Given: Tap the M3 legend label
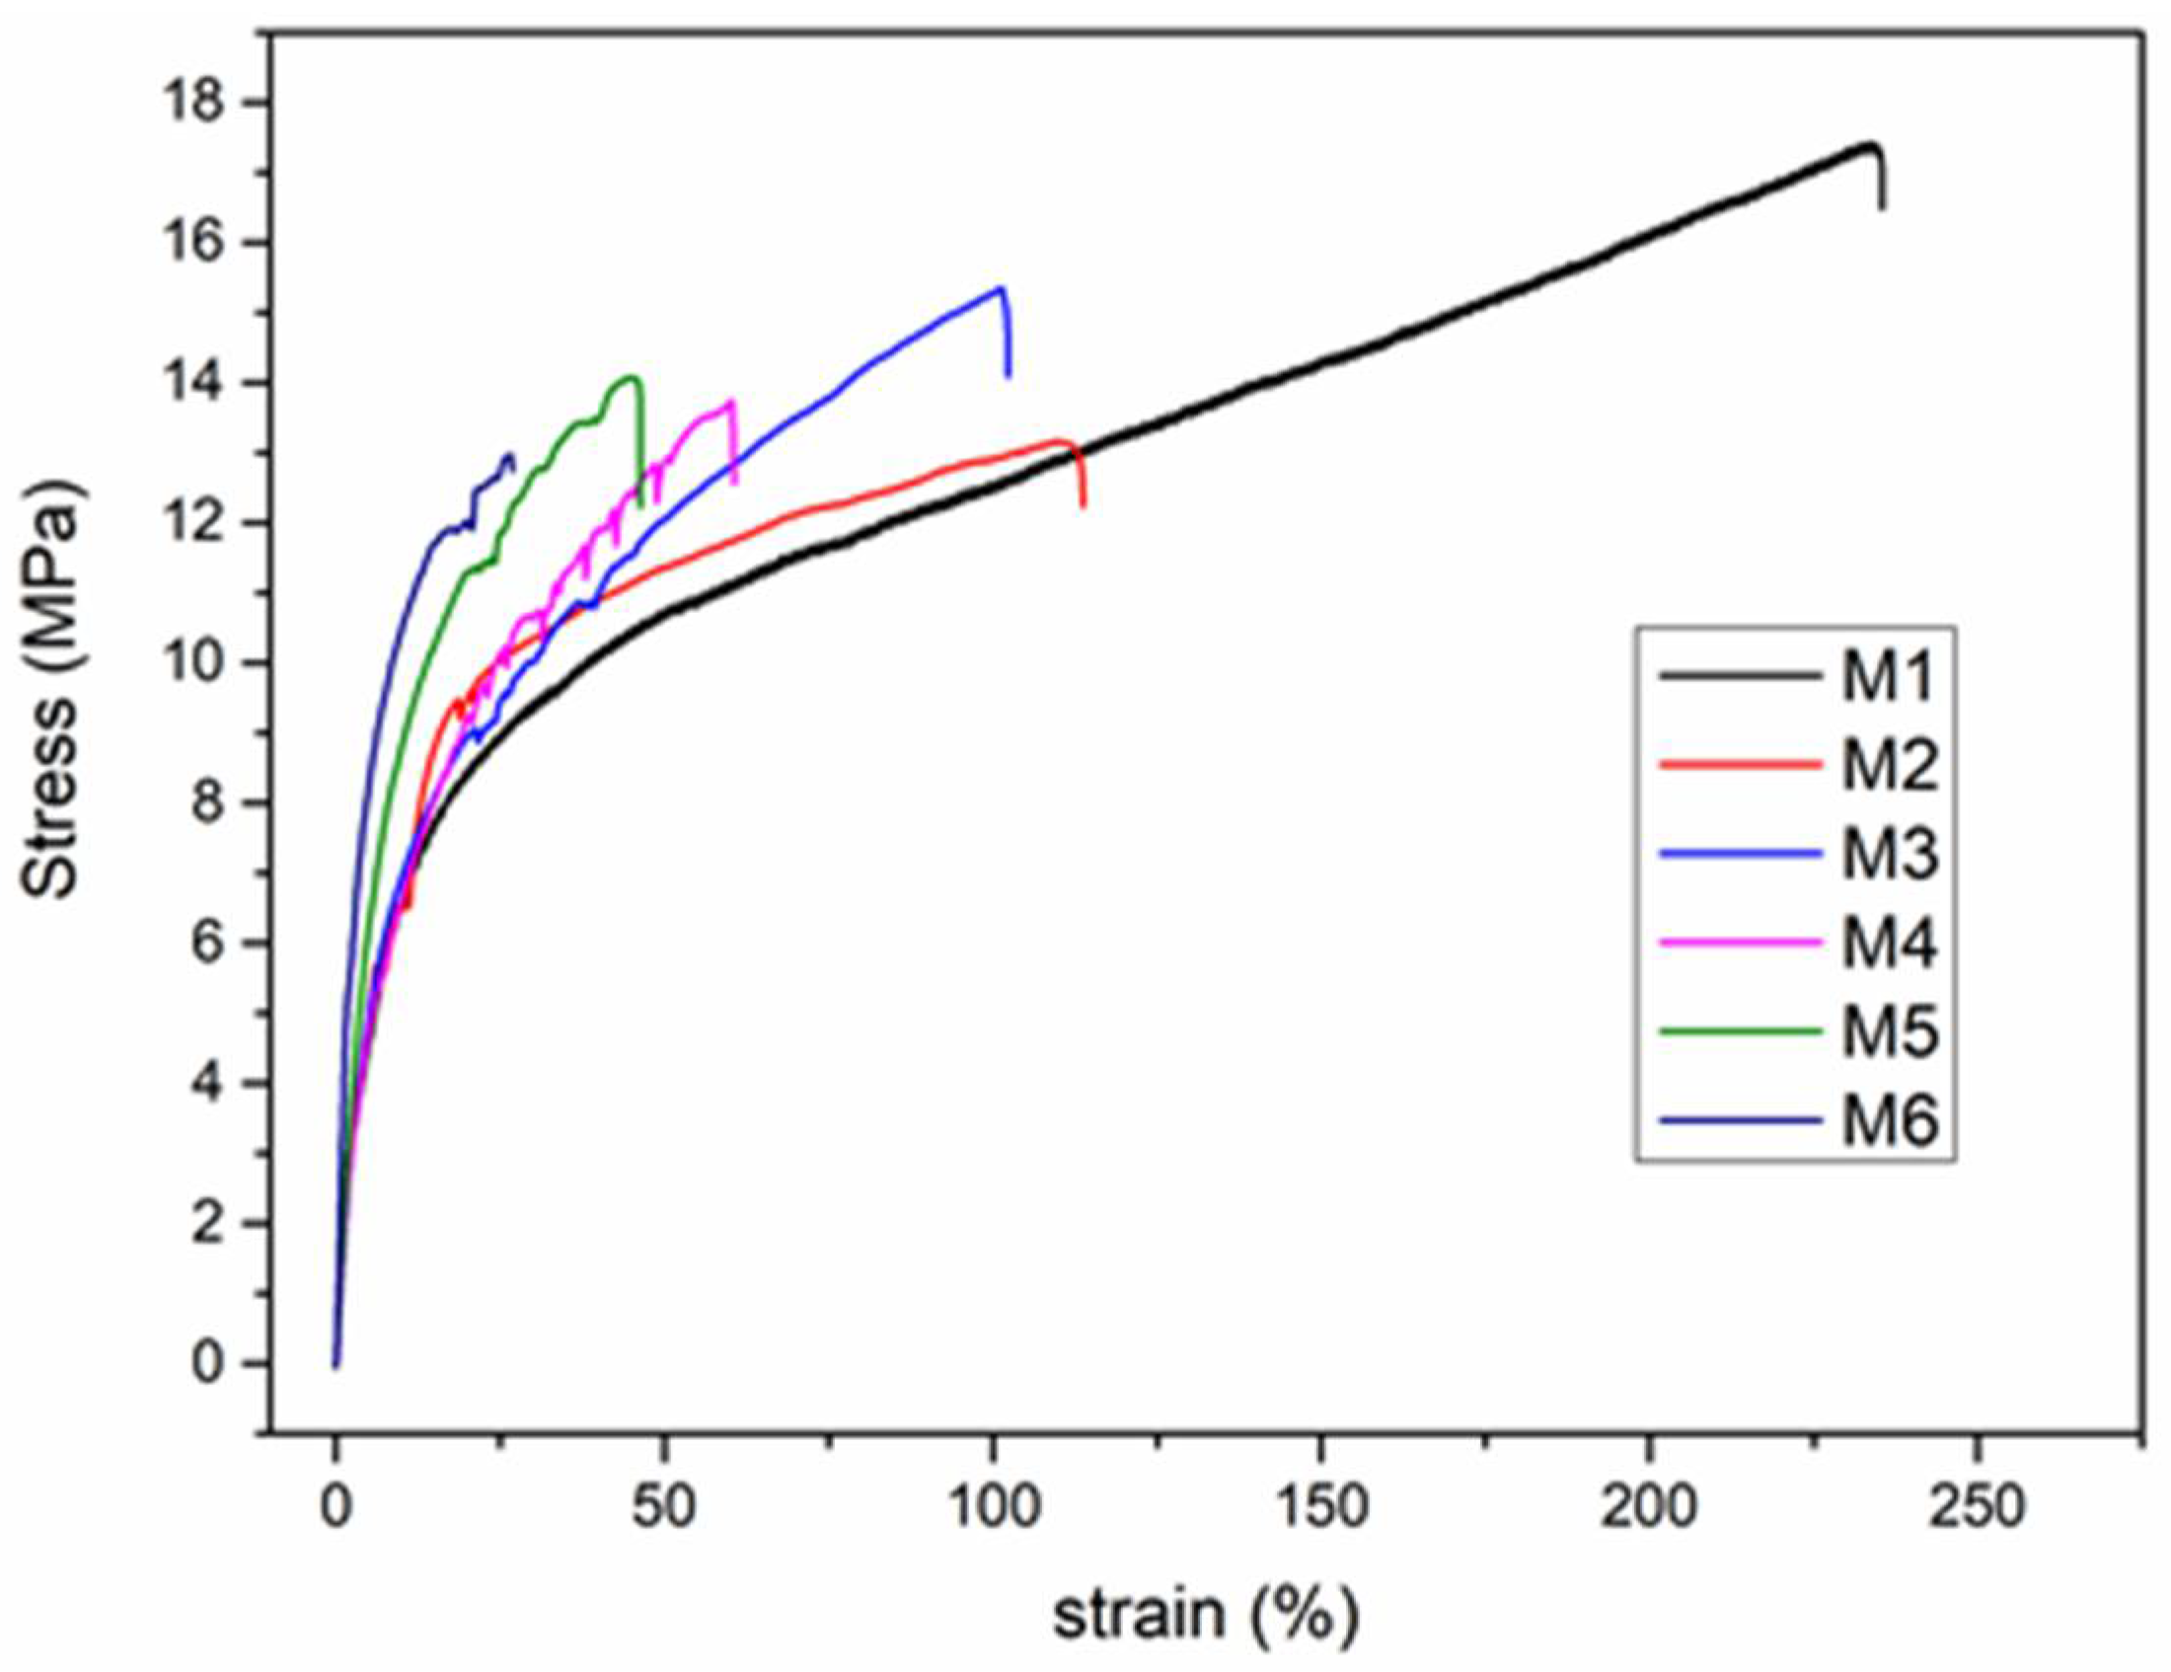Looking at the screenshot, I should point(1889,856).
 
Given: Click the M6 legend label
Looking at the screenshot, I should point(1889,1120).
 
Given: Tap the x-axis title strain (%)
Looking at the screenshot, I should point(1205,1615).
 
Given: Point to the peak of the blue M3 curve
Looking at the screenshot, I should point(1000,288).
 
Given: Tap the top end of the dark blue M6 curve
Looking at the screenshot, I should point(510,455).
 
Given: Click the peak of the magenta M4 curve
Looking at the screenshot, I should point(731,402).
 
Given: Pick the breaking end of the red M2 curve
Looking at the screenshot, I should point(1083,507).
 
